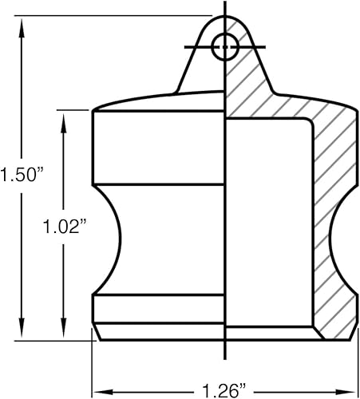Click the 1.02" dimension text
63,227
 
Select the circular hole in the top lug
225,47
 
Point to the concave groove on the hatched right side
341,239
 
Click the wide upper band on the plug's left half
160,148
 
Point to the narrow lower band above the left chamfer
160,308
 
